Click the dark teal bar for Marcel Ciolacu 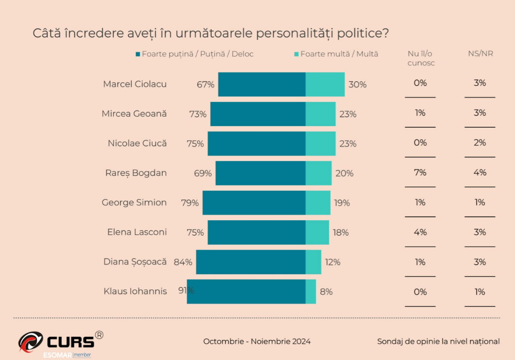pos(262,84)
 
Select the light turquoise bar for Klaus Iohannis pos(311,292)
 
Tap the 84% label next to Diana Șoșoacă pos(183,262)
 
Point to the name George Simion pos(134,203)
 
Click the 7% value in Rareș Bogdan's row pos(420,172)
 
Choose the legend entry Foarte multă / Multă pos(336,54)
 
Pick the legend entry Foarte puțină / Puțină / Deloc pos(194,54)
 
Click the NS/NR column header pos(480,54)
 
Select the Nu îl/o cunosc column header pos(420,58)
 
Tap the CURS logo pos(60,342)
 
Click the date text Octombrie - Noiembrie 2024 pos(257,342)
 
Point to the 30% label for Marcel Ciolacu pos(358,85)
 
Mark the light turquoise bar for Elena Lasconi pos(317,232)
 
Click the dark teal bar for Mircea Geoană pos(258,114)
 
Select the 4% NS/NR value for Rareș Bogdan pos(480,172)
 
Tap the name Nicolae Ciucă pos(137,143)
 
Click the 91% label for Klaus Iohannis pos(186,290)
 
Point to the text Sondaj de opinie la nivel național pos(438,342)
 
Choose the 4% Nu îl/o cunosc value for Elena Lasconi pos(420,232)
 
